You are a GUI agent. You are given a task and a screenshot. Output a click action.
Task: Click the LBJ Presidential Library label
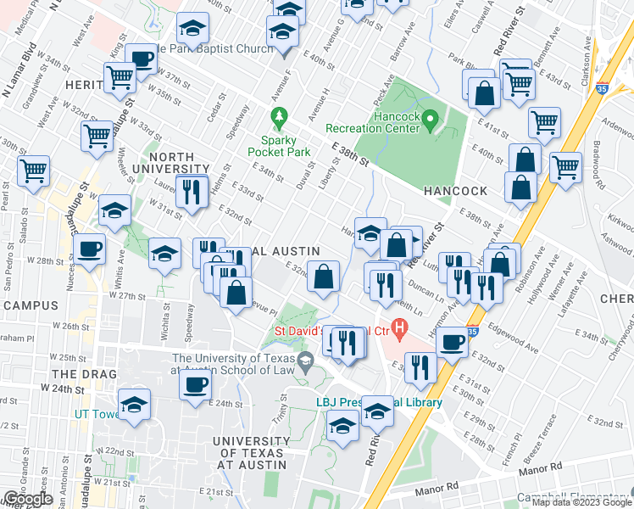tap(379, 403)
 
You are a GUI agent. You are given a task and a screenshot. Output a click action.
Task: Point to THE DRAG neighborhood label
tap(77, 373)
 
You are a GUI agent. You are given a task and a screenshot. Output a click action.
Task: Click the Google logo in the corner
tap(27, 499)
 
